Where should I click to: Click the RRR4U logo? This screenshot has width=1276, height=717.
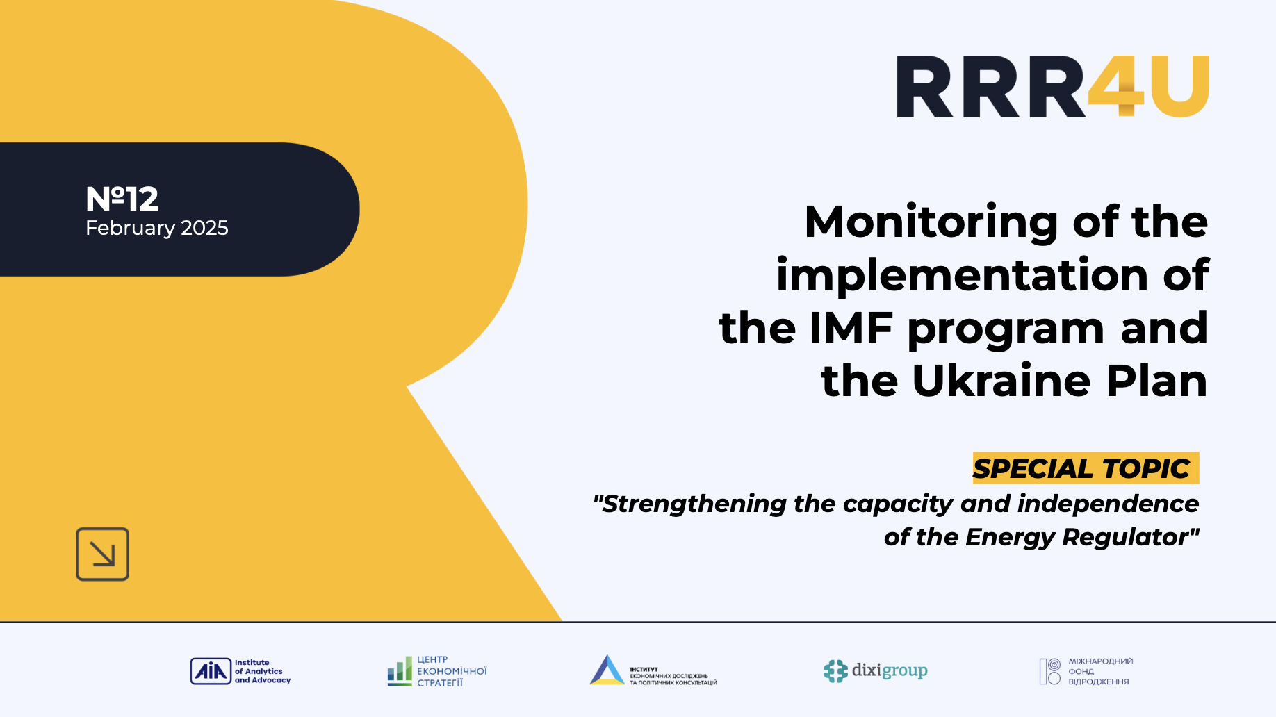(x=1052, y=87)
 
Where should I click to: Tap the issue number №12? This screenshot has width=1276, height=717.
(x=122, y=199)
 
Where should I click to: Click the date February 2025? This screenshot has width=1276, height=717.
(x=157, y=228)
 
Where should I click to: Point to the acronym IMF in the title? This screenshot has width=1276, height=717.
(x=851, y=328)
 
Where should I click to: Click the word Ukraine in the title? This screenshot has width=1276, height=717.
(x=1001, y=381)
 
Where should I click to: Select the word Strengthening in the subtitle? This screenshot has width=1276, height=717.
(x=694, y=504)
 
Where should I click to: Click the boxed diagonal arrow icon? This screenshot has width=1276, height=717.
(x=102, y=554)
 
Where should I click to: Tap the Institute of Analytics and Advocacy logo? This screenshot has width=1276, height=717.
(x=240, y=671)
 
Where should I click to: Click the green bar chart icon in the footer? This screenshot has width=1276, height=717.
(x=400, y=672)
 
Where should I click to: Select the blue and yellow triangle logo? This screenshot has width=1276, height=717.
(x=607, y=670)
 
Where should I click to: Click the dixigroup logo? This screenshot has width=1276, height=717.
(x=875, y=670)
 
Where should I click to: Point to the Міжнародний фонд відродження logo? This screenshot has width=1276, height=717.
(x=1086, y=671)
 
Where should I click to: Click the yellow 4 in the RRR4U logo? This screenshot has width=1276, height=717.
(x=1116, y=87)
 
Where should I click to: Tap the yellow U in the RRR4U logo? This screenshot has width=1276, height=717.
(x=1179, y=87)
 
